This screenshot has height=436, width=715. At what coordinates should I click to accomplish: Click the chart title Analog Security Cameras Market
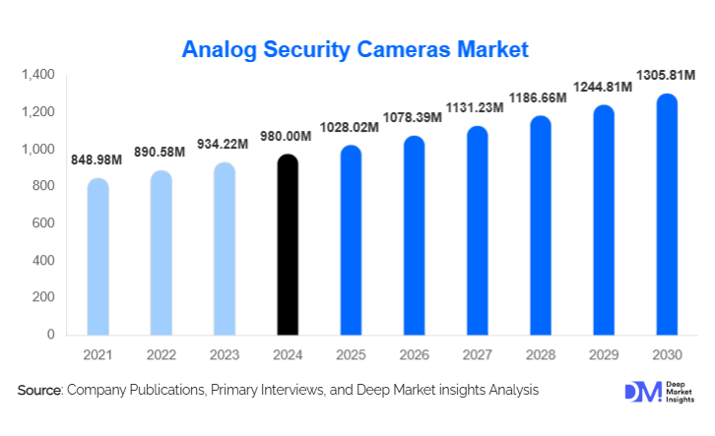[x=357, y=48]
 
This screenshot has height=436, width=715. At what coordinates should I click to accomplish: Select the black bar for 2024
[x=286, y=246]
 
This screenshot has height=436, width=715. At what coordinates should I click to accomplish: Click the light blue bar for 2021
[x=97, y=258]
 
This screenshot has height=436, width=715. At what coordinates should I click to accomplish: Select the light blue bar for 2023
[x=224, y=250]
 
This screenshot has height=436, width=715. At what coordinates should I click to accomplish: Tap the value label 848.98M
[x=97, y=160]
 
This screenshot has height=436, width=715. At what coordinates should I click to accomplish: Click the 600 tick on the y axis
[x=43, y=223]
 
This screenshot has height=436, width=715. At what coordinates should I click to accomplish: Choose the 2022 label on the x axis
[x=161, y=353]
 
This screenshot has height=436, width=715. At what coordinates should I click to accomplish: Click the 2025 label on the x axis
[x=349, y=353]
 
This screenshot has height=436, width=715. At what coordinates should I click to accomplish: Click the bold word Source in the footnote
[x=40, y=391]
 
